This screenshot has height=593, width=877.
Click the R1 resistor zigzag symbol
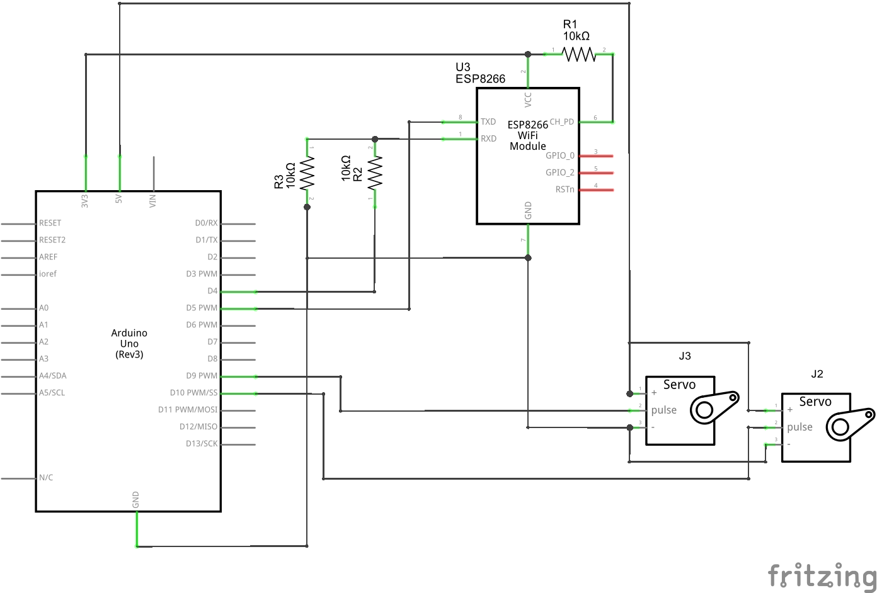tap(579, 55)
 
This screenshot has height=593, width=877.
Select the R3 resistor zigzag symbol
tap(307, 174)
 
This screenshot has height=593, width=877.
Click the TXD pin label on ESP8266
tap(488, 121)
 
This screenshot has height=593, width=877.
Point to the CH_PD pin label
tap(562, 121)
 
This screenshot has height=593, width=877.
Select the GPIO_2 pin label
tap(560, 172)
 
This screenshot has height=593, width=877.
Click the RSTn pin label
tap(565, 189)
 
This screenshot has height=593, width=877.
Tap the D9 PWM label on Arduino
tap(202, 376)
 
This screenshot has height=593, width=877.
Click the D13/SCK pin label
tap(202, 444)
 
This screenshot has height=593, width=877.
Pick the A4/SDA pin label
tap(53, 376)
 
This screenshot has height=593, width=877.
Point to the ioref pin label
tap(48, 274)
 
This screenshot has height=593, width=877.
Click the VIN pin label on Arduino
tap(152, 201)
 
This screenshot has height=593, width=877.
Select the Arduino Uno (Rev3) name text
tap(129, 344)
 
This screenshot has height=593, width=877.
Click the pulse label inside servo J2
tap(800, 427)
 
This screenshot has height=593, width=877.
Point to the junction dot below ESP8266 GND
tap(528, 258)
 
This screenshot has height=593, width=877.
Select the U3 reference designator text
tap(462, 67)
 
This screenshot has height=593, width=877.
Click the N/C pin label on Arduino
tap(46, 478)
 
